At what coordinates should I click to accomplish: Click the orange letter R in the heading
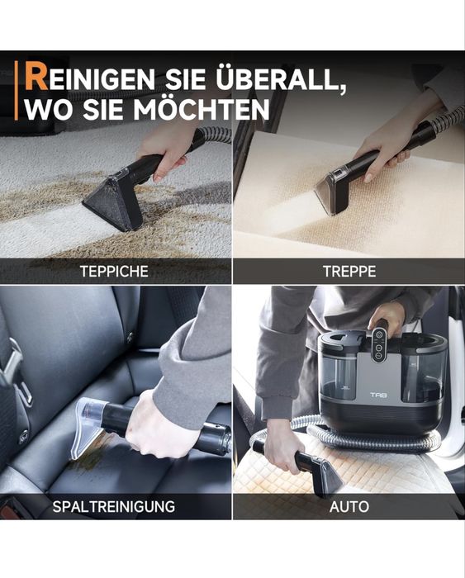[x=36, y=78]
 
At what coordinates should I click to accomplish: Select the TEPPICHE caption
[x=116, y=271]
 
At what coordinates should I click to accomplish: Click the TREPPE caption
[x=349, y=271]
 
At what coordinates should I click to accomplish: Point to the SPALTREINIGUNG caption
[x=114, y=506]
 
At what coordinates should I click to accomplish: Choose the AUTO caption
[x=349, y=506]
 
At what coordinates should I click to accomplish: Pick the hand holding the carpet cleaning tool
[x=168, y=149]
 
